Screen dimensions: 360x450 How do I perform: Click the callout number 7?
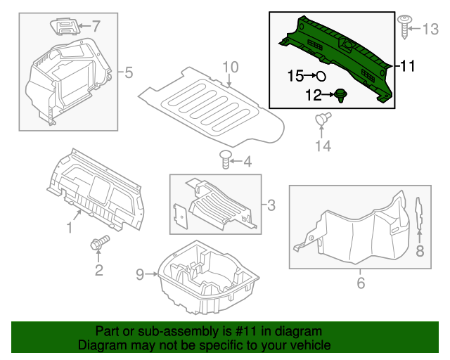(96, 27)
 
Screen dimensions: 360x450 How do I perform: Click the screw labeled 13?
(406, 26)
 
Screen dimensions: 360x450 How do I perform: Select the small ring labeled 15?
(321, 75)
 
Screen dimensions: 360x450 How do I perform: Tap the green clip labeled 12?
(342, 95)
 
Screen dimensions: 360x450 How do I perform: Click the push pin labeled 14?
(323, 120)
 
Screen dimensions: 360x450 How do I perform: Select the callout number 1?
(70, 227)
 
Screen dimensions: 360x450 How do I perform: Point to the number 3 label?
(270, 205)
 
